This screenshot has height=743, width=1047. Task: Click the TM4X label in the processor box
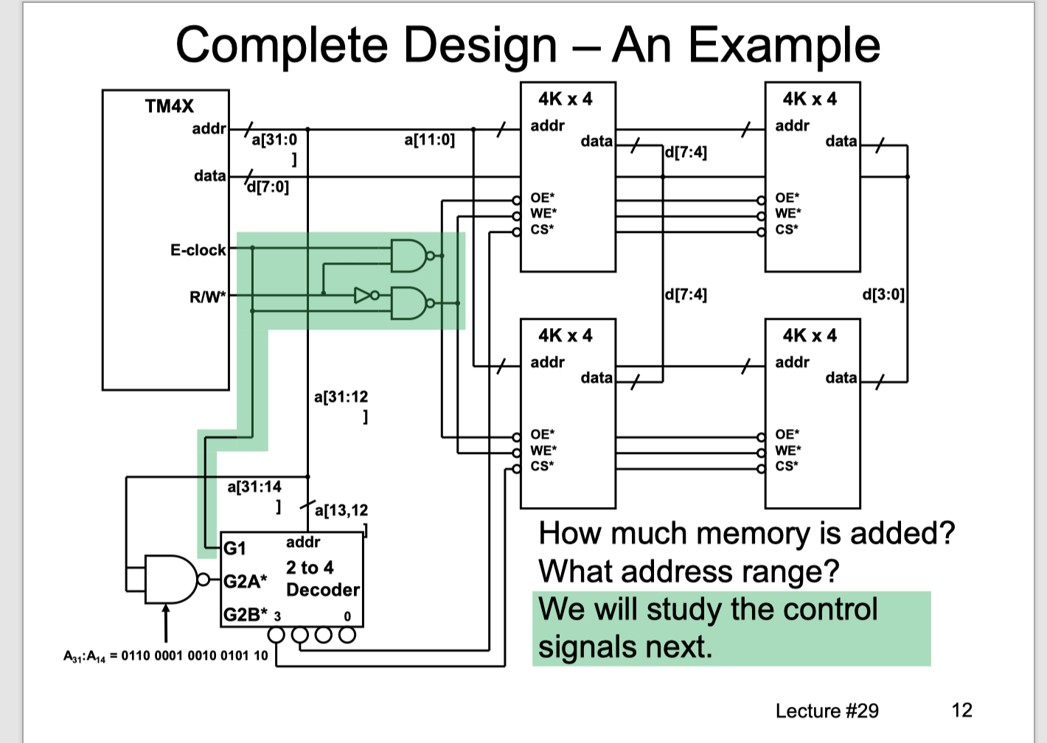pos(170,106)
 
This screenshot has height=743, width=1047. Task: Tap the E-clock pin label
pos(198,250)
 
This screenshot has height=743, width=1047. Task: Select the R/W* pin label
pos(207,297)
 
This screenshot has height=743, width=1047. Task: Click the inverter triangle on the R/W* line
pos(363,296)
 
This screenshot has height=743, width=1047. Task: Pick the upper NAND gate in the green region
pos(408,256)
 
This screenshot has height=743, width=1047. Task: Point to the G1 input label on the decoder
pos(234,548)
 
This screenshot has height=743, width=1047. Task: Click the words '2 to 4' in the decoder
pos(310,568)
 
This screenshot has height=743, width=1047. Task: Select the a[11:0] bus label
pos(429,140)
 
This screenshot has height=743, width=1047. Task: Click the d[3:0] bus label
pos(883,295)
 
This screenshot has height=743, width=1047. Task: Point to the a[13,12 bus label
pos(341,510)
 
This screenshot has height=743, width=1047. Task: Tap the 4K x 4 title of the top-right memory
pos(810,99)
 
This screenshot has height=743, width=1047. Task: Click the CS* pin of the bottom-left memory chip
pos(542,466)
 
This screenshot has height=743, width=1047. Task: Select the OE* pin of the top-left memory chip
pos(542,198)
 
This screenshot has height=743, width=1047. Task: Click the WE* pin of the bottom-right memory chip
pos(787,450)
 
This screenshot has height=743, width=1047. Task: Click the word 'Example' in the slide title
pos(784,46)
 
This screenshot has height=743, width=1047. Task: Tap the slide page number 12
pos(961,710)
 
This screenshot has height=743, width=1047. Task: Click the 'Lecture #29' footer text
pos(827,711)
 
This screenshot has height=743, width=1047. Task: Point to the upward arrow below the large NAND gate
pos(166,623)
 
